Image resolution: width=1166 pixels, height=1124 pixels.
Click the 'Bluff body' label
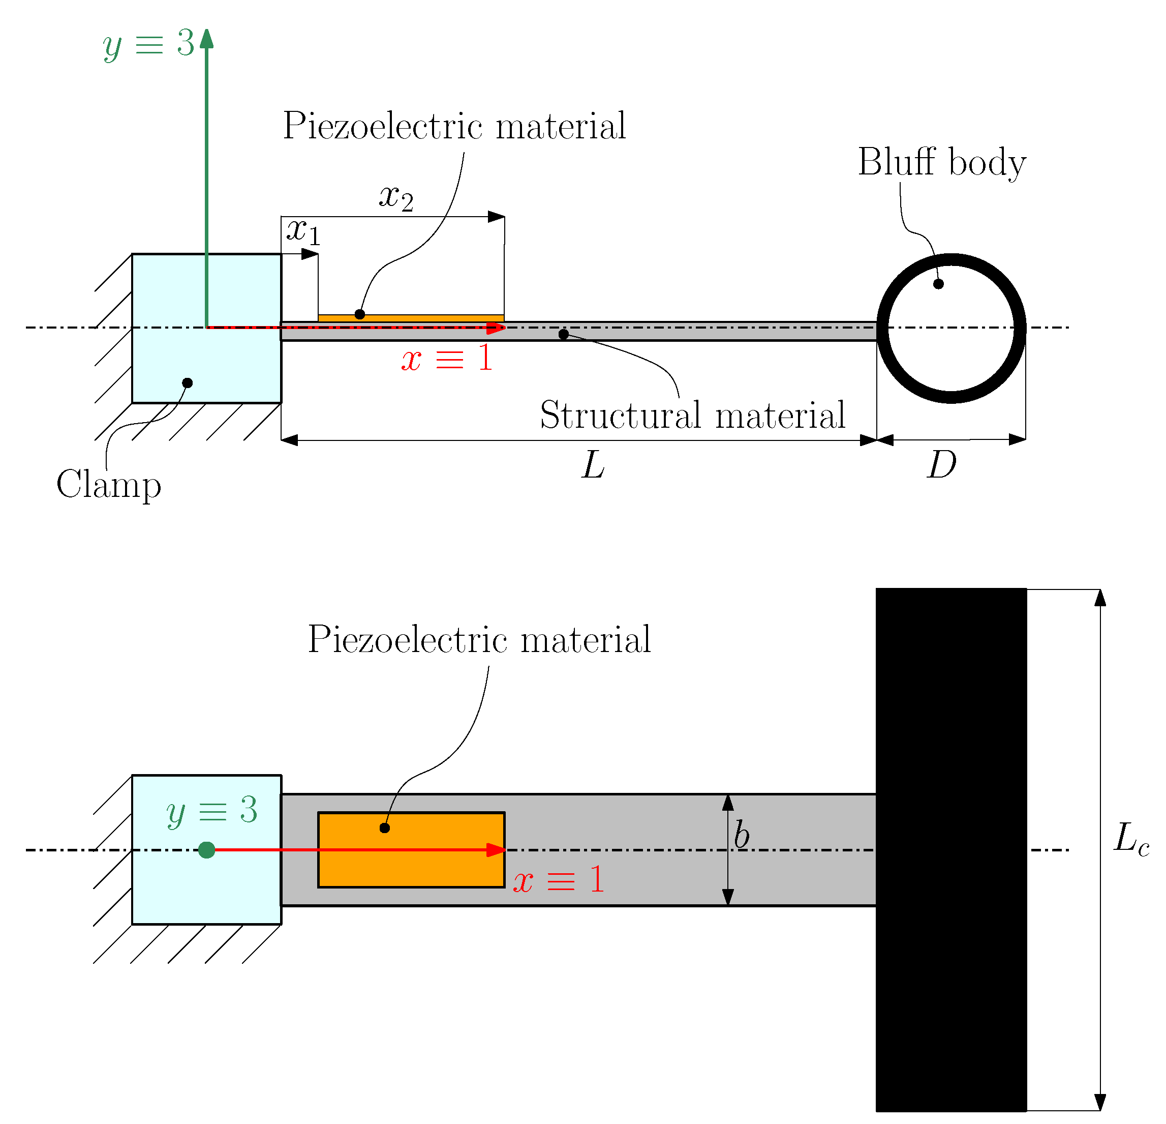pos(942,163)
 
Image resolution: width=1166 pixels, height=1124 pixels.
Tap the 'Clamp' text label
pos(109,485)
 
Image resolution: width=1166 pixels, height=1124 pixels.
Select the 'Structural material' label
pos(692,416)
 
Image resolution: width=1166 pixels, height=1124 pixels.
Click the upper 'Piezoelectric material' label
pos(454,126)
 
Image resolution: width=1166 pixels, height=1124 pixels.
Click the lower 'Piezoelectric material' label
pos(479,640)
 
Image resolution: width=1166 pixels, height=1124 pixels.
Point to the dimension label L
pos(593,465)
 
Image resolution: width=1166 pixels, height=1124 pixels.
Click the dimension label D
pos(942,465)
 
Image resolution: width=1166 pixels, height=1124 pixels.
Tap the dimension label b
pos(741,835)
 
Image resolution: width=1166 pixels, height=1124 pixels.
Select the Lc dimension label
pos(1131,839)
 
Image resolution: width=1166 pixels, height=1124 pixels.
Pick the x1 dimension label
pos(303,231)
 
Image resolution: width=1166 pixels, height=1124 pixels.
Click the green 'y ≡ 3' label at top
pos(149,44)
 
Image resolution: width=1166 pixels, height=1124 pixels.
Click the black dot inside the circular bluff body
pos(938,284)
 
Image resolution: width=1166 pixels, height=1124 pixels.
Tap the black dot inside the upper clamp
pos(188,383)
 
